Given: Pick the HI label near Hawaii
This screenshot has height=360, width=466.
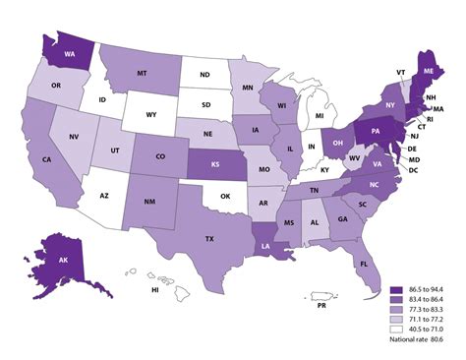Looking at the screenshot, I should (x=154, y=291).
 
